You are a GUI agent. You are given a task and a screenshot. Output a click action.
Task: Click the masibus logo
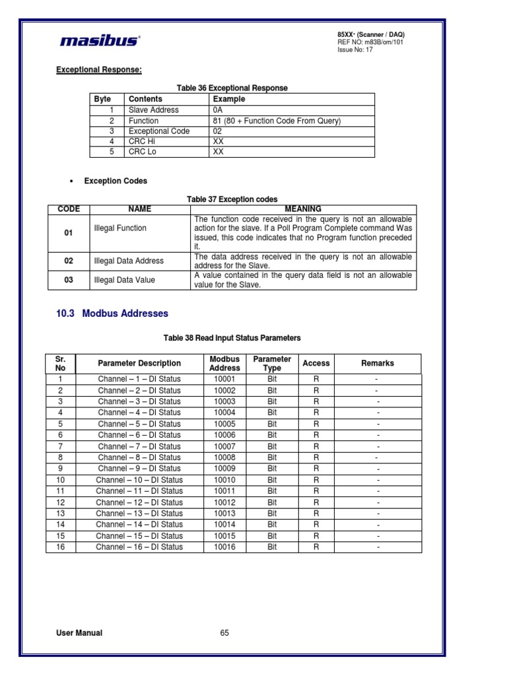tap(99, 41)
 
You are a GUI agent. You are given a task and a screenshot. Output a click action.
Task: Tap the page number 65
tap(224, 632)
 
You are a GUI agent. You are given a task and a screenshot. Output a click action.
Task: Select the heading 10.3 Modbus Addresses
tap(112, 314)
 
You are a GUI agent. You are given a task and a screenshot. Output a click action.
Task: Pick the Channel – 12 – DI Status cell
tap(139, 502)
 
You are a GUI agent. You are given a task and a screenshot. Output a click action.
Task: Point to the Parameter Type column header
tap(272, 364)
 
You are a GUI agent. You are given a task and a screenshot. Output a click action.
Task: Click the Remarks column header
tap(378, 363)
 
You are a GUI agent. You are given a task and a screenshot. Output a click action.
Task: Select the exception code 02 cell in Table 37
tap(69, 261)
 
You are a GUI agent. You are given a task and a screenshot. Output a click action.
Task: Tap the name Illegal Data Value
tap(125, 280)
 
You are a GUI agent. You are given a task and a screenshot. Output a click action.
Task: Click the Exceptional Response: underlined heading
tap(99, 70)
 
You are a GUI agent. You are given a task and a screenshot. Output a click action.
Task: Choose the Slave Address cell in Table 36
tap(153, 110)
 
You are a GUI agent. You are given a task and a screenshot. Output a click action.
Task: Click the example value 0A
tap(219, 110)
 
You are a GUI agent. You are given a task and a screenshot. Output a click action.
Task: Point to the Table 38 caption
tap(232, 338)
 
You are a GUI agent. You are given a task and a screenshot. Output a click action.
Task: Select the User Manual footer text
tap(79, 632)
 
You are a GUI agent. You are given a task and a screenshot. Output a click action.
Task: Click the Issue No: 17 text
tap(355, 50)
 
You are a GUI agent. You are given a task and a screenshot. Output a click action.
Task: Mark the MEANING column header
tap(303, 209)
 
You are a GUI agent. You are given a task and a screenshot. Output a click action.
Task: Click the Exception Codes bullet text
tap(116, 181)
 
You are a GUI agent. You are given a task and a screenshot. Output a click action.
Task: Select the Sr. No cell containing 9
tap(60, 469)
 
